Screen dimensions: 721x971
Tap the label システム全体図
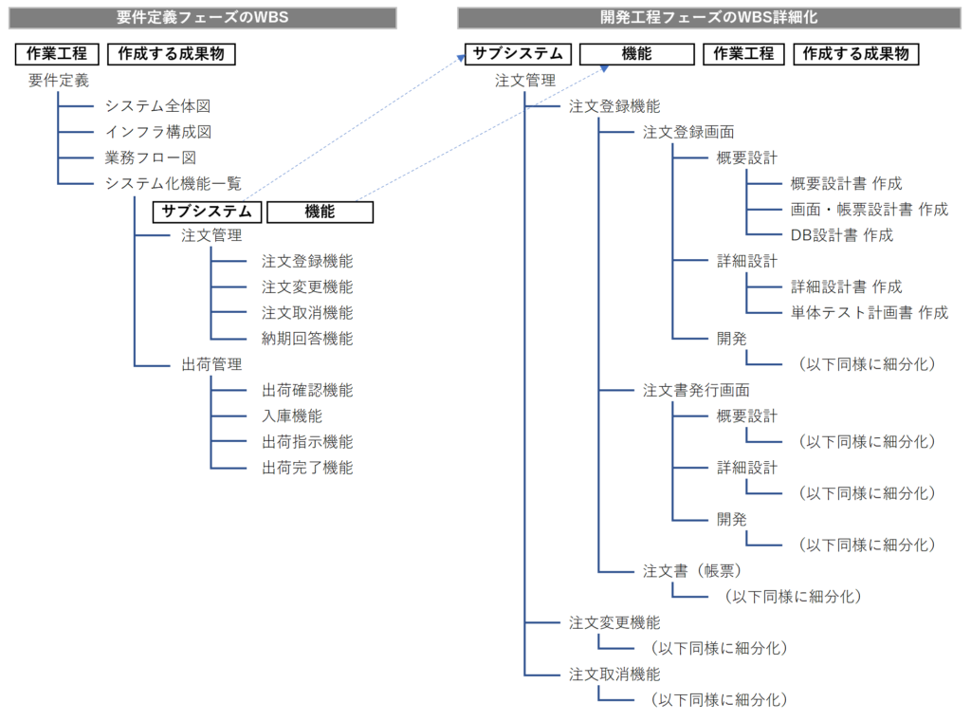[x=157, y=106]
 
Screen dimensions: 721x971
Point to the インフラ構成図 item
[x=157, y=132]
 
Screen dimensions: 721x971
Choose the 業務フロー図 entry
[x=151, y=157]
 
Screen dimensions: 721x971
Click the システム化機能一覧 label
[x=174, y=183]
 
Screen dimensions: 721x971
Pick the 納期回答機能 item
[x=307, y=338]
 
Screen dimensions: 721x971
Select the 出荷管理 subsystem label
[x=211, y=364]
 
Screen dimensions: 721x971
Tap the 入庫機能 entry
[x=292, y=416]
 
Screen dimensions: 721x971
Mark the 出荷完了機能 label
[x=307, y=467]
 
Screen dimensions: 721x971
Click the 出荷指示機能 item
[x=307, y=441]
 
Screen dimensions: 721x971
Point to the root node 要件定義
[x=59, y=81]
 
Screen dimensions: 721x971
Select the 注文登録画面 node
[x=687, y=132]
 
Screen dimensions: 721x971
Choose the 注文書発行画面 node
[x=695, y=390]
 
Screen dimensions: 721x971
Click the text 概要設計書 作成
[x=846, y=183]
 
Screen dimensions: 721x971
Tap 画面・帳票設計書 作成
[x=869, y=209]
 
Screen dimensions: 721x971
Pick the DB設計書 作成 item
[x=841, y=234]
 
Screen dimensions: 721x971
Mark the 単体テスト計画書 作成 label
[x=869, y=312]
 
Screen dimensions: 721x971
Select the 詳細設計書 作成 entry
[x=846, y=287]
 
